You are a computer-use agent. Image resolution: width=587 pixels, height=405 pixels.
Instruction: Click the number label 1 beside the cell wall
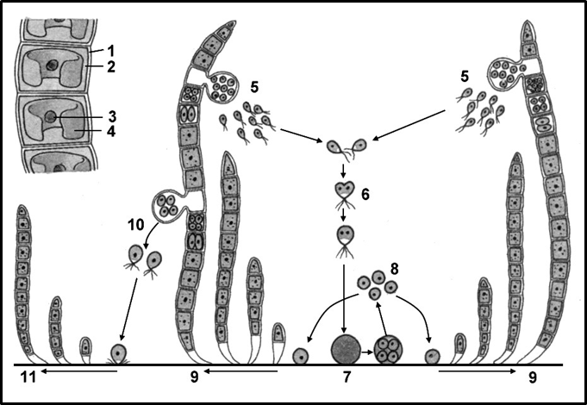(111, 50)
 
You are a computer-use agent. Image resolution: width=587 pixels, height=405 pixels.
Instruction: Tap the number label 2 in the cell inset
(111, 66)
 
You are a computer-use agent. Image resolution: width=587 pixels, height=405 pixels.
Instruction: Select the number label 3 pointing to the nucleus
(111, 116)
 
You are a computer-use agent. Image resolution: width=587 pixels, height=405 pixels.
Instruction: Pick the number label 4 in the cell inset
(111, 131)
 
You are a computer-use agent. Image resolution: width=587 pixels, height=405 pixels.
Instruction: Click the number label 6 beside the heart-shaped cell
(365, 195)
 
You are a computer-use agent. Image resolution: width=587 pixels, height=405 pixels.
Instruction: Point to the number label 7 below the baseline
(347, 377)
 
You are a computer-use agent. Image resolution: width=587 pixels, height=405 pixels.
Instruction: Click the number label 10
(136, 225)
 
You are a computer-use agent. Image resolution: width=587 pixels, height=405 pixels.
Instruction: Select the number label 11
(28, 377)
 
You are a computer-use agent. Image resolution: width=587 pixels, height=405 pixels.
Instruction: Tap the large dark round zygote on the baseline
(346, 349)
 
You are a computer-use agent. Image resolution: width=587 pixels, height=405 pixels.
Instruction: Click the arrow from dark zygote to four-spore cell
(367, 352)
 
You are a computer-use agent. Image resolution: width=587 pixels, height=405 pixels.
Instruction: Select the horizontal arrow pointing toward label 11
(79, 371)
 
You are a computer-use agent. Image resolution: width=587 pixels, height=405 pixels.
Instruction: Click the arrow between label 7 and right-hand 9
(478, 371)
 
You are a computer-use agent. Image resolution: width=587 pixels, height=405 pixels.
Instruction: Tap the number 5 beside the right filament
(465, 77)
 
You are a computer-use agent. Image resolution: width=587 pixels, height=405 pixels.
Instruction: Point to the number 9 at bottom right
(532, 377)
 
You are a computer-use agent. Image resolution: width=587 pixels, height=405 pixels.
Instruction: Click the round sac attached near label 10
(166, 205)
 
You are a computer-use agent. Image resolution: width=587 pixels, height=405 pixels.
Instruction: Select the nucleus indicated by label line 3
(50, 117)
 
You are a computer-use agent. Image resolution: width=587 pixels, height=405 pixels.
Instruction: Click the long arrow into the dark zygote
(344, 298)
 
